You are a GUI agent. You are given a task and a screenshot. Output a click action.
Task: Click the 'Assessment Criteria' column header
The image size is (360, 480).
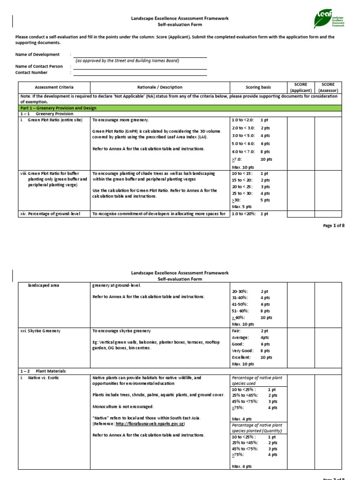[54, 87]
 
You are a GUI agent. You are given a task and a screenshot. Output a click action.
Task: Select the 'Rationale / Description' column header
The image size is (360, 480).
[160, 87]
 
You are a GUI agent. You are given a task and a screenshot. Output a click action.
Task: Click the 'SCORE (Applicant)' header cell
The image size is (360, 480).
[300, 87]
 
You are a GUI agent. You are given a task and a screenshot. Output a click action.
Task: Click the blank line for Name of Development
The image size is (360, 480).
[140, 55]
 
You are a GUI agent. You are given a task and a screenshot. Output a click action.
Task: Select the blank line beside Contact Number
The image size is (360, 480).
[140, 73]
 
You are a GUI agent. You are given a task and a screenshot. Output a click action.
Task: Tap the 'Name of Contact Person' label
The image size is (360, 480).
[39, 67]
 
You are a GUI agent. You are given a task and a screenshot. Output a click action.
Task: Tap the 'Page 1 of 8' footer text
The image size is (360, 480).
[334, 225]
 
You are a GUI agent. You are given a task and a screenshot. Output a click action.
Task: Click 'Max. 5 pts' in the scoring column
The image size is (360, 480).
[242, 206]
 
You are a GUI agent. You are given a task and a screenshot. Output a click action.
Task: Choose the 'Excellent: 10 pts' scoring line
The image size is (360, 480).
[252, 357]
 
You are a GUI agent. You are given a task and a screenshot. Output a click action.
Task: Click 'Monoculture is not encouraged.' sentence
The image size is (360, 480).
[123, 406]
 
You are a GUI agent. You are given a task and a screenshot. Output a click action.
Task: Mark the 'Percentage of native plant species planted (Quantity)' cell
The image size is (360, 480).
[258, 428]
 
